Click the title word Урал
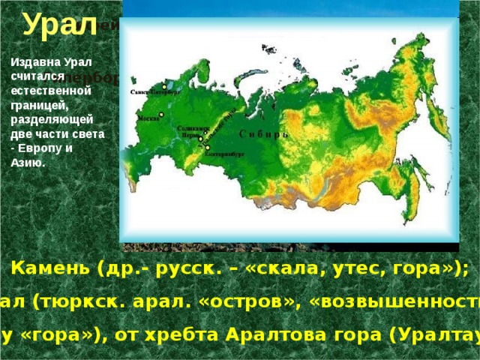pyautogui.click(x=59, y=25)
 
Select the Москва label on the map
pyautogui.click(x=148, y=118)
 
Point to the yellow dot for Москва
pyautogui.click(x=161, y=114)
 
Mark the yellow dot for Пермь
pyautogui.click(x=200, y=139)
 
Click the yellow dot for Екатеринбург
pyautogui.click(x=207, y=148)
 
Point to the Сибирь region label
pyautogui.click(x=263, y=134)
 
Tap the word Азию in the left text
pyautogui.click(x=29, y=162)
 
